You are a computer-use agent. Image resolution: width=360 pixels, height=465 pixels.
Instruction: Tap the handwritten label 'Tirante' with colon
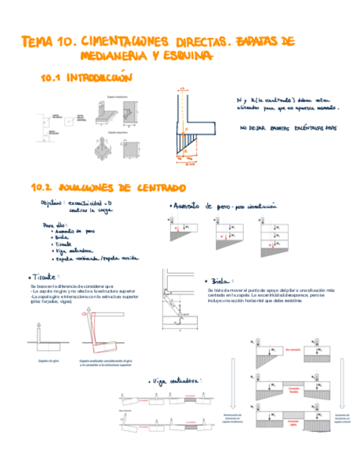tap(47, 277)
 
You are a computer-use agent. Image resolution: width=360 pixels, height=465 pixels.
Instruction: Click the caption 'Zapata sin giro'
tap(48, 361)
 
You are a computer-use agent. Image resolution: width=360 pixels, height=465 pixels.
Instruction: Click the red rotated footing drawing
tap(104, 334)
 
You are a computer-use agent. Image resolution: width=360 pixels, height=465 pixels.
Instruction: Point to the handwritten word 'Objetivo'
tap(52, 203)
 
